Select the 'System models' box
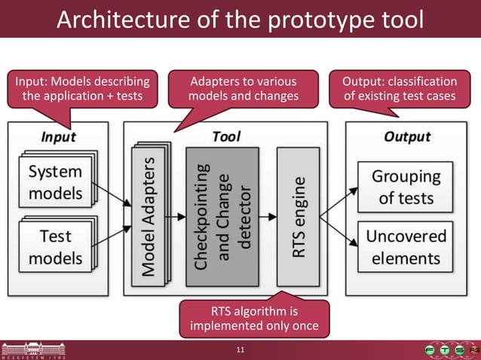[55, 182]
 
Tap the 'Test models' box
[55, 246]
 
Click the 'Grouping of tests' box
[406, 187]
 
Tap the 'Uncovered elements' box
[406, 246]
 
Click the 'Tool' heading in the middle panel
[226, 136]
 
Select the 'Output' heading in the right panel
[407, 136]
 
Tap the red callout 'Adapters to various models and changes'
[243, 88]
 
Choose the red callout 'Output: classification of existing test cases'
[400, 88]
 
